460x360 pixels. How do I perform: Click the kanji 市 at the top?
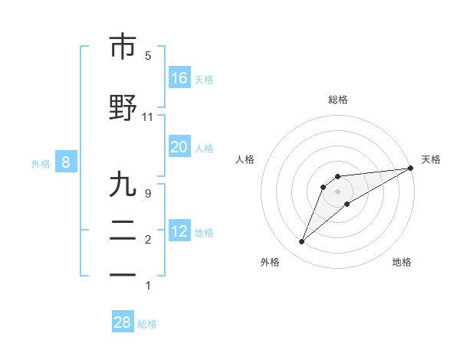click(123, 47)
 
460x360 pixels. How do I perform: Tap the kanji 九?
click(123, 185)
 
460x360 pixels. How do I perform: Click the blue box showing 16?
click(179, 78)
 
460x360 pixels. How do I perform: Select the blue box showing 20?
click(179, 147)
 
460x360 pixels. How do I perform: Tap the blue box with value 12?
click(179, 231)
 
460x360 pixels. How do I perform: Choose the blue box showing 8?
click(66, 162)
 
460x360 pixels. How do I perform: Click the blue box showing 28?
click(123, 322)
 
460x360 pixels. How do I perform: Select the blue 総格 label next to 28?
click(147, 324)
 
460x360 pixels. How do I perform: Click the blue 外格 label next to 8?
click(41, 163)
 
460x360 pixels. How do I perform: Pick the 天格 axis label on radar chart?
click(431, 159)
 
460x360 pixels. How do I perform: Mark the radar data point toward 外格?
click(302, 242)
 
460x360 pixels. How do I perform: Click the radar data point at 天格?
click(410, 169)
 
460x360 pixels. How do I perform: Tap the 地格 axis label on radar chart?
click(402, 262)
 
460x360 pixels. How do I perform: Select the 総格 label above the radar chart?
click(338, 100)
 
